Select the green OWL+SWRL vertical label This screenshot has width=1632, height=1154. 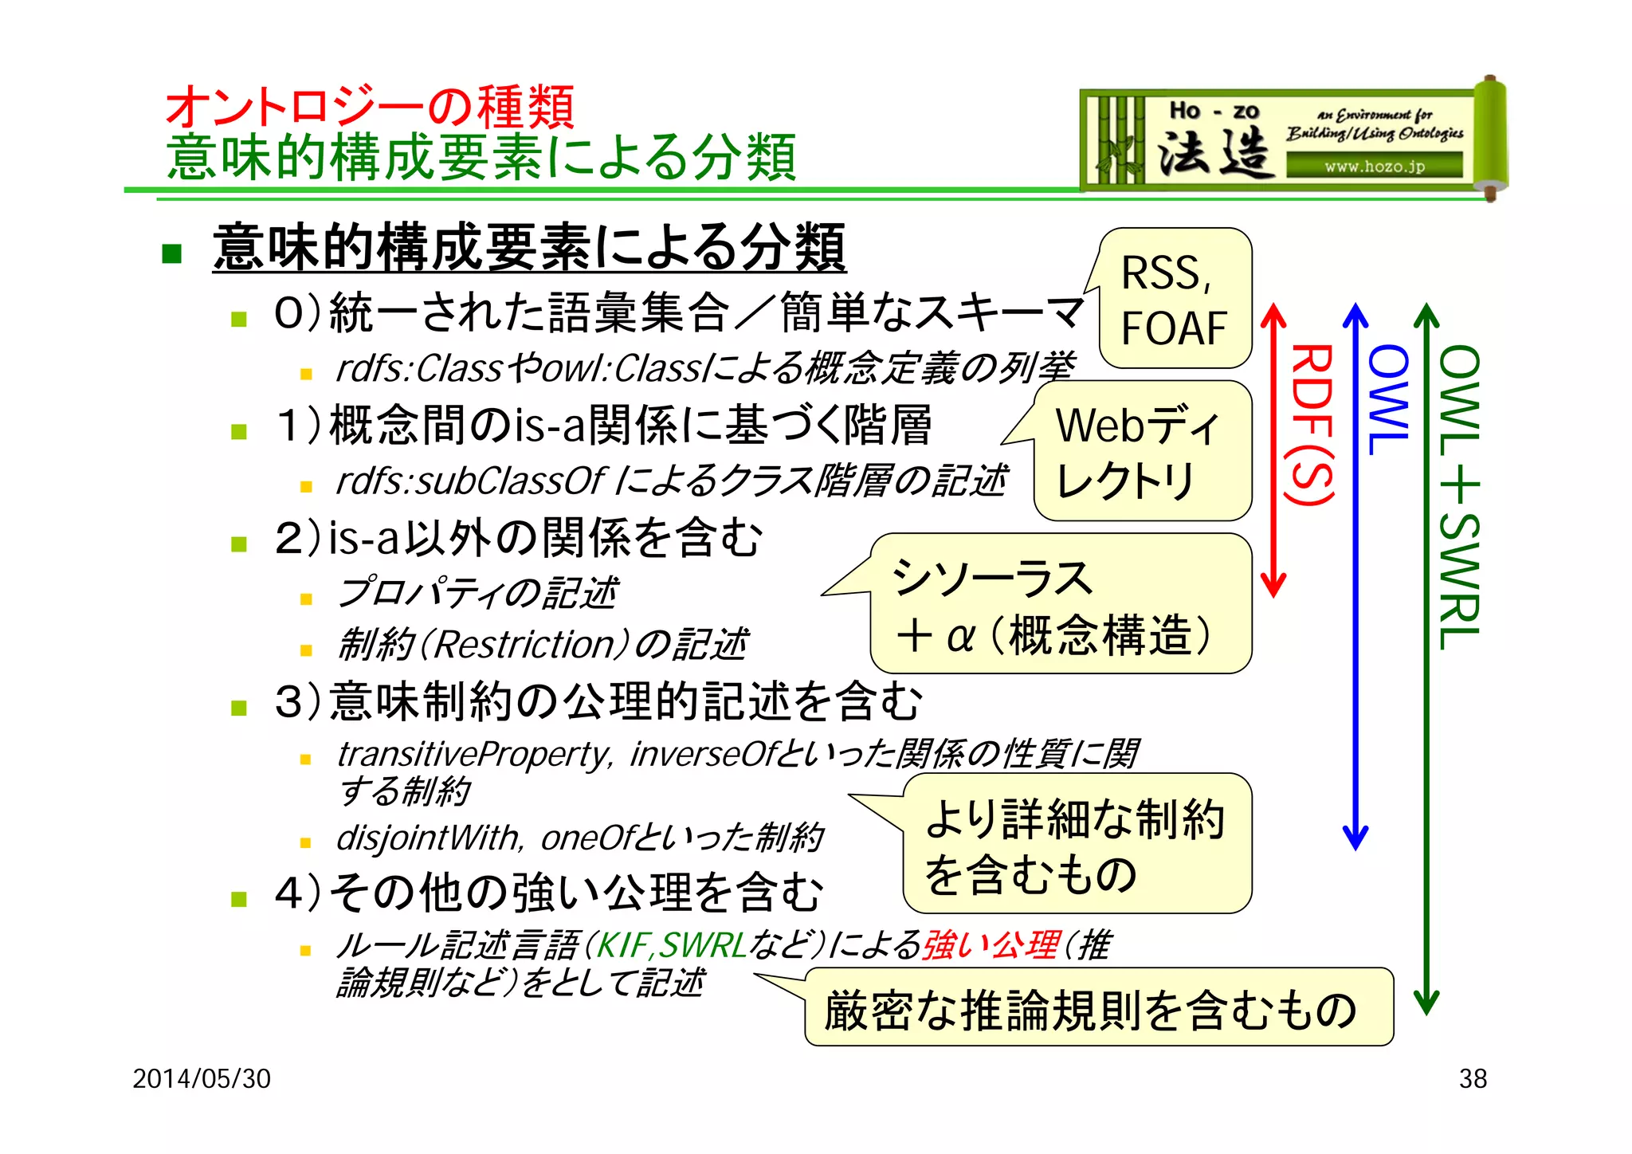click(1459, 497)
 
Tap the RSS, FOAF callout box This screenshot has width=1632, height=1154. click(1175, 300)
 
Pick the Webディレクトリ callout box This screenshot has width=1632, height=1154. click(1142, 452)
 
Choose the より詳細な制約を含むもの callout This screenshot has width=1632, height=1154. click(1077, 845)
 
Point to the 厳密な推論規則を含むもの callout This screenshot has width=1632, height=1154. click(1098, 1009)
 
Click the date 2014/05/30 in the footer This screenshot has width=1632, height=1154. click(202, 1078)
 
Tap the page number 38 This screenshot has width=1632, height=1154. click(1473, 1078)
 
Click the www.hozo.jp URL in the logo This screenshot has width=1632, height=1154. click(1375, 167)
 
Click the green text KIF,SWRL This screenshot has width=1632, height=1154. click(672, 946)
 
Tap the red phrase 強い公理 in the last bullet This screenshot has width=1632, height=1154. click(991, 946)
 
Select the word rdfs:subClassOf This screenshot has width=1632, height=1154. click(471, 481)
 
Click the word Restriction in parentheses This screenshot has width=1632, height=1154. click(525, 645)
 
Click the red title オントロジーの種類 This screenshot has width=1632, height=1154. click(369, 107)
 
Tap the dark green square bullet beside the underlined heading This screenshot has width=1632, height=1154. click(171, 253)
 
